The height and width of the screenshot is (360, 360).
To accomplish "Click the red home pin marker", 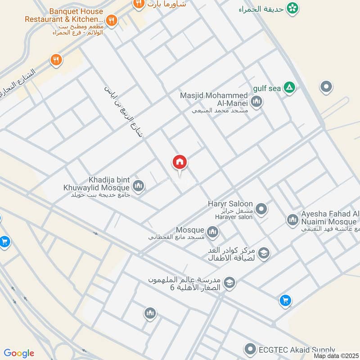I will [180, 162].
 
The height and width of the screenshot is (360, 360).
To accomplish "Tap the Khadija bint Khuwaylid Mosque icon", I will [138, 185].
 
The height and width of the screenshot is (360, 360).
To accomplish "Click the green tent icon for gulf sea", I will [290, 88].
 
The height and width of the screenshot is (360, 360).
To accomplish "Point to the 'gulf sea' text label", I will [267, 89].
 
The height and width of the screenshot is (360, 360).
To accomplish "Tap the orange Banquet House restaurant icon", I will [112, 20].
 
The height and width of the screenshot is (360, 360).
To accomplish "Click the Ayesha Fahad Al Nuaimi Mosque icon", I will [292, 220].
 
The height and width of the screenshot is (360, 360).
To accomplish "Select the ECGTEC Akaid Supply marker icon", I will [250, 349].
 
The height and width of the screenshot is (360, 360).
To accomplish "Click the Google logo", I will [19, 353].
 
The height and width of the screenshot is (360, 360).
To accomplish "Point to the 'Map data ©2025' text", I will [336, 355].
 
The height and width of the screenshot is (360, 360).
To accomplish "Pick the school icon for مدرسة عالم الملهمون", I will [229, 283].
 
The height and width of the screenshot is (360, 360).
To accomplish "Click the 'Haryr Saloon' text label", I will [230, 204].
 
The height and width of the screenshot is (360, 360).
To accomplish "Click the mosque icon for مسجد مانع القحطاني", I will [213, 232].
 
